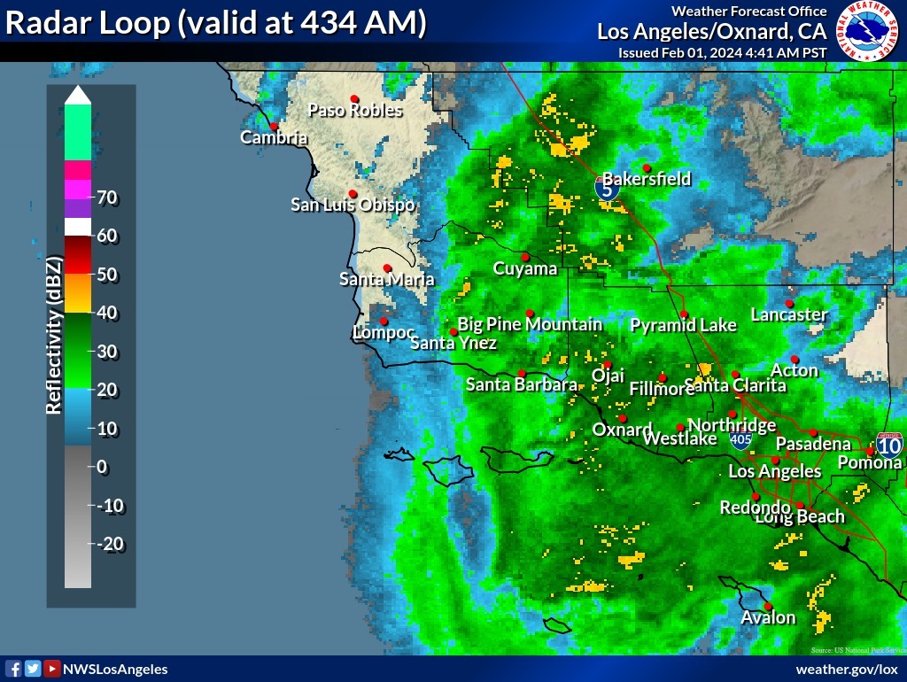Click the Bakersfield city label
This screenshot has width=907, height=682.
(x=647, y=179)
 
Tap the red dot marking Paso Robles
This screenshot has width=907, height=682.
(x=354, y=98)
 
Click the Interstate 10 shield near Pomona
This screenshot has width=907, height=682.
(x=889, y=443)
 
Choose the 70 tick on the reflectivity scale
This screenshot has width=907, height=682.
(x=108, y=198)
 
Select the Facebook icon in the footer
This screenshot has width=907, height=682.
(x=13, y=669)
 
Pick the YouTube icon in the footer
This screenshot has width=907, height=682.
(x=52, y=669)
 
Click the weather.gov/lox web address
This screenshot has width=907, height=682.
(x=847, y=670)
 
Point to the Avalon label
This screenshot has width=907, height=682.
(x=768, y=617)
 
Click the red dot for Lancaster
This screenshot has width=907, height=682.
(x=789, y=303)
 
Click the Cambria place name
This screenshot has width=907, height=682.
(x=275, y=137)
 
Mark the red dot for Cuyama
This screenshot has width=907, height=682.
(x=525, y=257)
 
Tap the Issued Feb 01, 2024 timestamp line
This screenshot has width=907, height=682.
(x=722, y=52)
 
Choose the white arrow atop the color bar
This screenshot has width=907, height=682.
(x=78, y=94)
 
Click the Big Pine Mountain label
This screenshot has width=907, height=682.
(x=530, y=324)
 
